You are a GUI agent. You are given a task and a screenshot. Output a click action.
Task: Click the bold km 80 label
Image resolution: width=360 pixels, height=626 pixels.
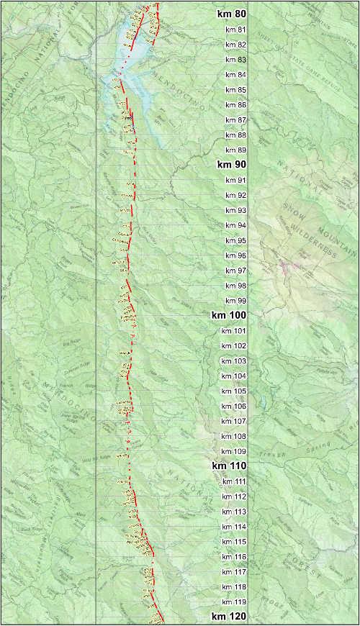point(230,14)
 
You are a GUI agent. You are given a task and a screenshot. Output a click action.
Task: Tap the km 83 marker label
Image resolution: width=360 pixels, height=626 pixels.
point(235,60)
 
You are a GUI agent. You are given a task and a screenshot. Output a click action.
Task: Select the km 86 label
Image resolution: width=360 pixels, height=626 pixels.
point(235,105)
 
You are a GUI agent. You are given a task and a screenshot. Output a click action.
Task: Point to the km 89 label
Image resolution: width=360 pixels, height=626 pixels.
point(235,150)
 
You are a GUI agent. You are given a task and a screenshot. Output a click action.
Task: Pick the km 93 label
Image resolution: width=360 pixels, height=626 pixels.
point(235,210)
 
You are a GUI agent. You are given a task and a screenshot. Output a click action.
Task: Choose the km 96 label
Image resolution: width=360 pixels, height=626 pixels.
point(235,255)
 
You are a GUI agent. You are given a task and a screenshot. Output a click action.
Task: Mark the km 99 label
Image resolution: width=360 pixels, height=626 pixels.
point(235,301)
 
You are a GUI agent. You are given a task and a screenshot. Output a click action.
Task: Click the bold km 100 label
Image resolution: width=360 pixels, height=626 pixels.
point(228,315)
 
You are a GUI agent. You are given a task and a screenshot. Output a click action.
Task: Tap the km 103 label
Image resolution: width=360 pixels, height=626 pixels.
point(235,361)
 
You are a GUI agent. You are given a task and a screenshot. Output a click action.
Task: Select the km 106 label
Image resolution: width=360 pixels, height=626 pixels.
point(235,407)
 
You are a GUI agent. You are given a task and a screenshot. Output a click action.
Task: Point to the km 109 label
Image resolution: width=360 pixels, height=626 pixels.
point(235,451)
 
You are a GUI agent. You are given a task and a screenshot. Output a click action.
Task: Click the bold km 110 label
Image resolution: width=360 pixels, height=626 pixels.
point(229,466)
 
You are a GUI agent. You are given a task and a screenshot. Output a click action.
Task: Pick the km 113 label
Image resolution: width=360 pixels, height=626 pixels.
point(235,512)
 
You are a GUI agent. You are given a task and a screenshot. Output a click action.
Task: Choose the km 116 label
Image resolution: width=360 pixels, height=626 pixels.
point(235,557)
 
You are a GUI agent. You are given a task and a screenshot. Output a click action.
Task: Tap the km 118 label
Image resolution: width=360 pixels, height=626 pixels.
point(235,587)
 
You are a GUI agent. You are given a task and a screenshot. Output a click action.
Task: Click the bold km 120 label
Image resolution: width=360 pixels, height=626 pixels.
point(229,617)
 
